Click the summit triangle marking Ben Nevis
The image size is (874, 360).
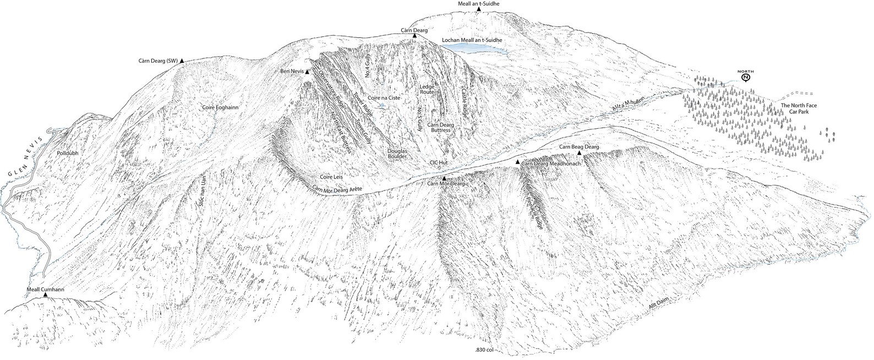[x=308, y=72]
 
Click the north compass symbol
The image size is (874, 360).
[x=746, y=77]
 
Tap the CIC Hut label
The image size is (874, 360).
[x=440, y=163]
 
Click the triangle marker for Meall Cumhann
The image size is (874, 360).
[x=45, y=296]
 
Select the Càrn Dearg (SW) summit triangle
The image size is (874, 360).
[x=182, y=61]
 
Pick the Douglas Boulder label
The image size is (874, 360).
[x=397, y=154]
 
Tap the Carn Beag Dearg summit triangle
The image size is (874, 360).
[x=580, y=153]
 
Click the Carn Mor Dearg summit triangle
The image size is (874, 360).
[x=444, y=178]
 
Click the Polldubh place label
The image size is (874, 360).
[x=68, y=154]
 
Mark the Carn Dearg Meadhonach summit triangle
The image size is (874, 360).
[x=517, y=162]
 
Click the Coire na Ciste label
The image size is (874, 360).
[x=384, y=97]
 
